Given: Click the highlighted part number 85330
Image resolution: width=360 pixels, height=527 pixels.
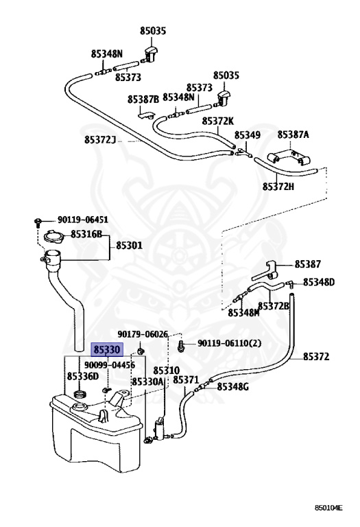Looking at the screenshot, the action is (x=107, y=350).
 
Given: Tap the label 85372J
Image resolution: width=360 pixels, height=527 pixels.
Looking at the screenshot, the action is (x=99, y=139).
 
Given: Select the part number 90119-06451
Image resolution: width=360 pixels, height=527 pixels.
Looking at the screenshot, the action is (x=82, y=220).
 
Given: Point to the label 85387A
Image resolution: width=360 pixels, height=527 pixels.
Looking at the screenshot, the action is (x=293, y=134).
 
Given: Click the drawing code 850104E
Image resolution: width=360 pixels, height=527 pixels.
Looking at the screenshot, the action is (x=328, y=508).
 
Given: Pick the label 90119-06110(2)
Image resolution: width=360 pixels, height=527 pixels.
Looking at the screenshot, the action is (x=229, y=344).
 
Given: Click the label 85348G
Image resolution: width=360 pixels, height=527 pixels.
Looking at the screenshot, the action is (x=232, y=387).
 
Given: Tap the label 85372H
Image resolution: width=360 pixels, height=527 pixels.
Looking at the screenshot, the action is (x=278, y=187).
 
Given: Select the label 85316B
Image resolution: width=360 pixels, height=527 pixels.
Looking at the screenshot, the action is (x=86, y=234).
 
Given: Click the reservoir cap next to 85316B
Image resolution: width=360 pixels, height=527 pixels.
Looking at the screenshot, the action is (x=53, y=236).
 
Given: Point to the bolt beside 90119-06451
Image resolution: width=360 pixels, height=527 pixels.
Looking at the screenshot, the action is (x=38, y=222).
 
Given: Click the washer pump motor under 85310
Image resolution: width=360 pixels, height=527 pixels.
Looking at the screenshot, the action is (x=159, y=429).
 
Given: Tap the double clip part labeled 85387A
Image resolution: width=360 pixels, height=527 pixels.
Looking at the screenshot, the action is (x=288, y=159).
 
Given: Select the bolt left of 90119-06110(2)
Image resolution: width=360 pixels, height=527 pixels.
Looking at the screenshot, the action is (x=182, y=345).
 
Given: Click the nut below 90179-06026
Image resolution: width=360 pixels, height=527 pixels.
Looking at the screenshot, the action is (x=141, y=351).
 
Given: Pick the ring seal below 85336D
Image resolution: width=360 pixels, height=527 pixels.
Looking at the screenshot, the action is (x=80, y=393).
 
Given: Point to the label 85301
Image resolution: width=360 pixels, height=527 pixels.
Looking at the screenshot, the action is (x=130, y=246).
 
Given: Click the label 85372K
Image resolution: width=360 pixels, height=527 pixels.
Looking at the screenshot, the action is (x=217, y=121).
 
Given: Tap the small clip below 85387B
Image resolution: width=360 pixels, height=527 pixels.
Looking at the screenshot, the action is (x=146, y=115).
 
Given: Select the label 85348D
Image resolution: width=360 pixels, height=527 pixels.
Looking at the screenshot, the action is (x=319, y=282).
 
